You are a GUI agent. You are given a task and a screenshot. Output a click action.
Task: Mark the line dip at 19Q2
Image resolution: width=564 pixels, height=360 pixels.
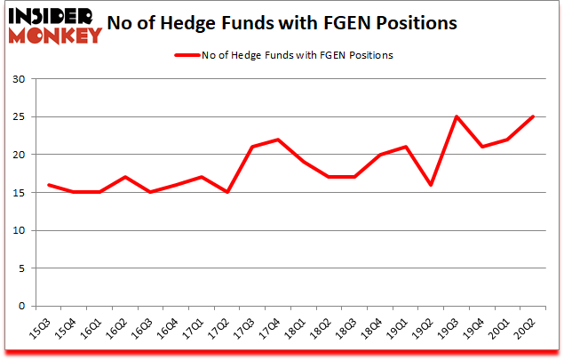coord(432,185)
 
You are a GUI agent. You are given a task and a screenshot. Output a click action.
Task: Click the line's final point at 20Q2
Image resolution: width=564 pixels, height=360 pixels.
coord(534,116)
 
